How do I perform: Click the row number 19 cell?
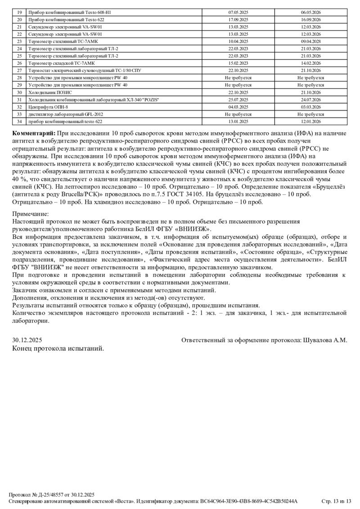(x=19, y=13)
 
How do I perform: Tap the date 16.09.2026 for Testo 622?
(x=310, y=20)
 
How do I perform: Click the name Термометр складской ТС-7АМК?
(x=66, y=63)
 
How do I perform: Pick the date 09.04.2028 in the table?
(x=310, y=41)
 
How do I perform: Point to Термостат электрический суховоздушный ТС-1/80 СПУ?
(x=85, y=71)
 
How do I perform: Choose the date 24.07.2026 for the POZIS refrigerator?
(x=310, y=99)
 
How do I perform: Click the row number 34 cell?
(x=19, y=121)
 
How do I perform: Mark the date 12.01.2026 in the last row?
(x=310, y=121)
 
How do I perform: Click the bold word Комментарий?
(x=34, y=134)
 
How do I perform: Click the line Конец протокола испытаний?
(x=58, y=348)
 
